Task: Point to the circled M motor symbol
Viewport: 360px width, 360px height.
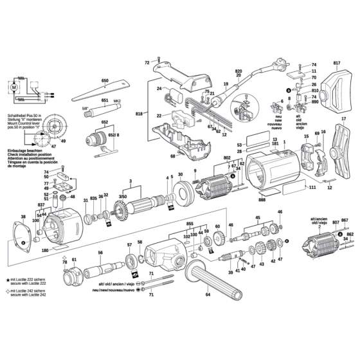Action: click(x=15, y=85)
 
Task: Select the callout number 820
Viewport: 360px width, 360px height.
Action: click(x=238, y=70)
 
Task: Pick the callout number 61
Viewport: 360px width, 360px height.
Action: click(x=74, y=259)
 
